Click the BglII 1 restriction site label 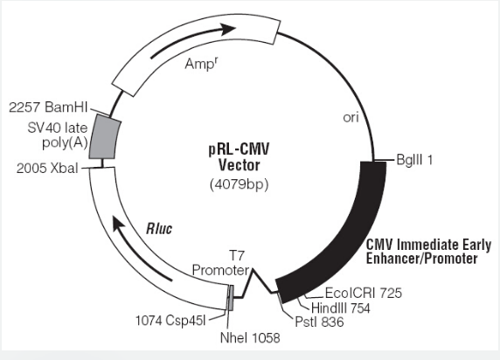[414, 160]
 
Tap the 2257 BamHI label [48, 107]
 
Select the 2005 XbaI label [47, 168]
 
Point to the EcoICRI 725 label [364, 293]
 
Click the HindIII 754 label [341, 308]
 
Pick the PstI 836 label [320, 322]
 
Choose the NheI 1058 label [250, 338]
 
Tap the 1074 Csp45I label [170, 321]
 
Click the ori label [351, 118]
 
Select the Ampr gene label [202, 64]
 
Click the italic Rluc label [159, 229]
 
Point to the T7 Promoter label [220, 263]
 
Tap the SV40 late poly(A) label [58, 135]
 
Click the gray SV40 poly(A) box [105, 137]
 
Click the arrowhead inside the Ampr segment [228, 29]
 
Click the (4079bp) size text [240, 184]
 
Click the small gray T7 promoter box [230, 298]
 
